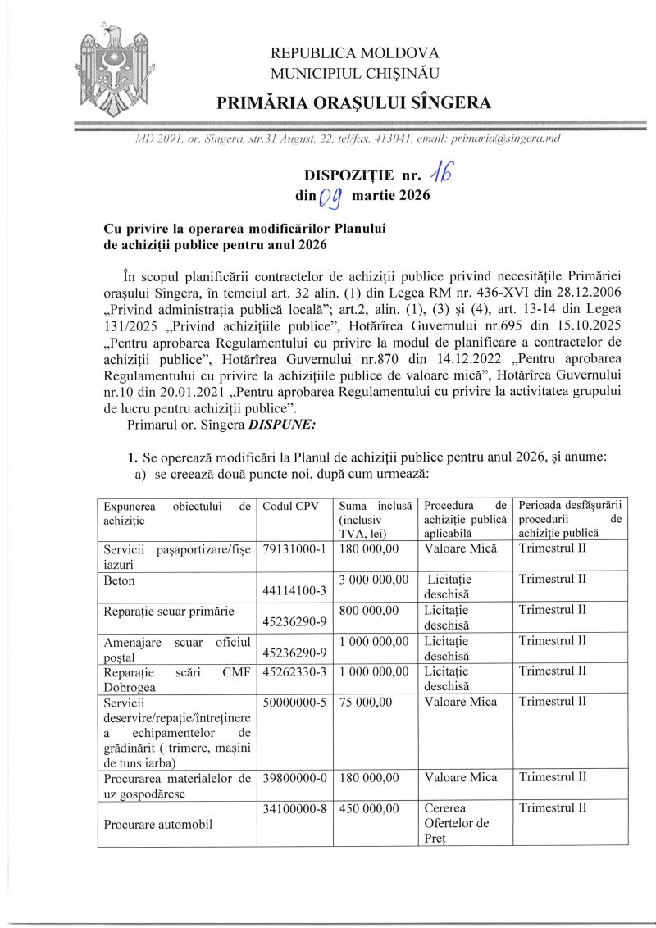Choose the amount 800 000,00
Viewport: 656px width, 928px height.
368,610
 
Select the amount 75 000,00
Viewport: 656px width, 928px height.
365,702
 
